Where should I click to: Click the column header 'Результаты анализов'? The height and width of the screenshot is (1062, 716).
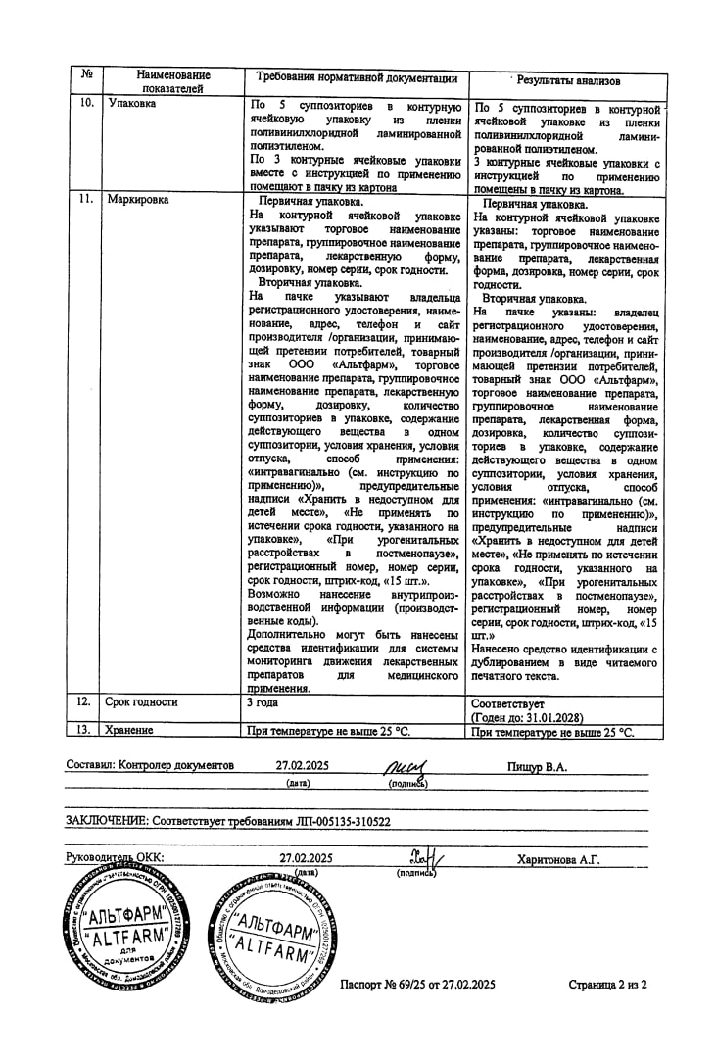tap(568, 81)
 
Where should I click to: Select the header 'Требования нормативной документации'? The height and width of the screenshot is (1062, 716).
tap(357, 77)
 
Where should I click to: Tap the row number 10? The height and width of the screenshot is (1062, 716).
tap(86, 102)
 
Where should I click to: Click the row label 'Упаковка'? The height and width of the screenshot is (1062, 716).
tap(131, 103)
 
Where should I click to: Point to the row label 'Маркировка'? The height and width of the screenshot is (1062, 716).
tap(138, 199)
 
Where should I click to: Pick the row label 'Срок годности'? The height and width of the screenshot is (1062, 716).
tap(142, 702)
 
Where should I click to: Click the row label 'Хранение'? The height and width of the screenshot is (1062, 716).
tap(130, 730)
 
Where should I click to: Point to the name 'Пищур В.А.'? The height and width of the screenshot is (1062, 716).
tap(537, 766)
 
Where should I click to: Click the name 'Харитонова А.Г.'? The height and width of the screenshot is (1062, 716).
tap(558, 859)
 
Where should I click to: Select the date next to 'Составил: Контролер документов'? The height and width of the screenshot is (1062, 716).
tap(297, 766)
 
